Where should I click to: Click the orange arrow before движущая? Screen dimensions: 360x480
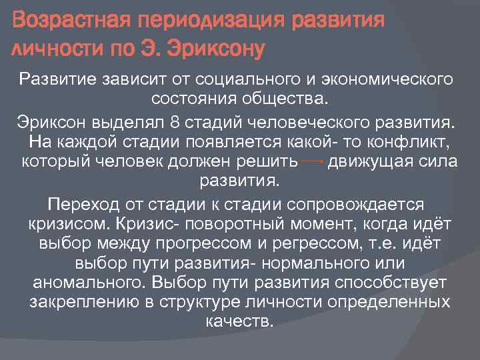pos(312,161)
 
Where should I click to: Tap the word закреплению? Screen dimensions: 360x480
pos(89,303)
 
